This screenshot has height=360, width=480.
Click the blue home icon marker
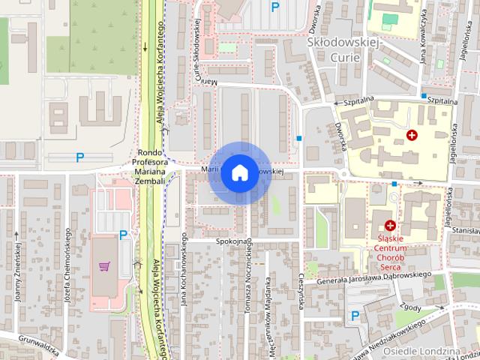pyautogui.click(x=238, y=172)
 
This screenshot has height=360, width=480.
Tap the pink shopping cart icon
pyautogui.click(x=105, y=266)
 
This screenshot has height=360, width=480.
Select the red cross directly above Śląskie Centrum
pyautogui.click(x=390, y=225)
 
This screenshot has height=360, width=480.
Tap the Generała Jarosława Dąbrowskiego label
pyautogui.click(x=375, y=280)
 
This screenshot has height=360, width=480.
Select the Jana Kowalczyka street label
pyautogui.click(x=424, y=37)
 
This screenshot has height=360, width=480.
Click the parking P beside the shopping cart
pyautogui.click(x=124, y=235)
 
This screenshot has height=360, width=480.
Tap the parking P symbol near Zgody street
pyautogui.click(x=355, y=316)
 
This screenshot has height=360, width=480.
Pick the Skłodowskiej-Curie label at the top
pyautogui.click(x=345, y=50)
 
